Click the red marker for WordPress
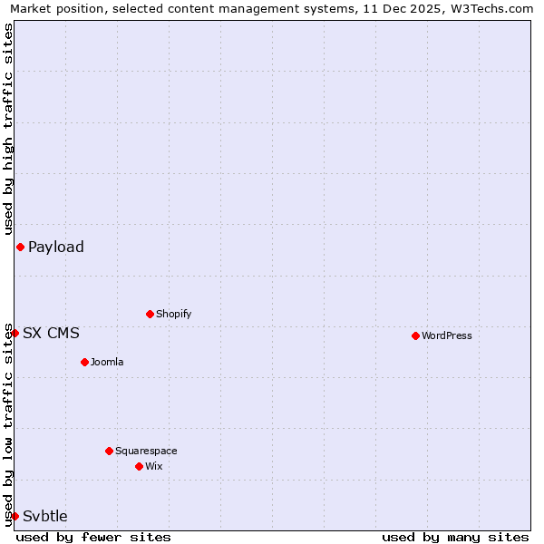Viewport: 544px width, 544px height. tap(415, 335)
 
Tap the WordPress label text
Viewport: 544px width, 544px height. tap(446, 336)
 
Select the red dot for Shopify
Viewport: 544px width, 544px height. tap(150, 314)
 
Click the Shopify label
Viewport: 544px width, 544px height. tap(173, 315)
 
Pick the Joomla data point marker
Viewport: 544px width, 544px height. tap(84, 362)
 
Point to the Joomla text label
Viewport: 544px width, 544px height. tap(107, 363)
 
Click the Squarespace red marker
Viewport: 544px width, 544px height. tap(109, 451)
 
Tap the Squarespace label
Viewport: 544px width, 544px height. tap(146, 452)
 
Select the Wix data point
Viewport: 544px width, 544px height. tap(139, 466)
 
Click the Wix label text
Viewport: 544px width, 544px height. tap(153, 467)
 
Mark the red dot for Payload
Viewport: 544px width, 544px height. tap(20, 247)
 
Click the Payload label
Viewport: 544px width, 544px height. tap(55, 248)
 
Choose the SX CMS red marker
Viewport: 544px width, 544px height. tap(15, 333)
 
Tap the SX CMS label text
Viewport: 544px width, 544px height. tap(51, 334)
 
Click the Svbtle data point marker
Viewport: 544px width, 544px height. tap(15, 516)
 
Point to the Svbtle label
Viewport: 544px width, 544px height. tap(44, 517)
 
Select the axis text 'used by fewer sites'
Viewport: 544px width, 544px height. tap(93, 538)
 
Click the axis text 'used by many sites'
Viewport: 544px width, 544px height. tap(455, 538)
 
